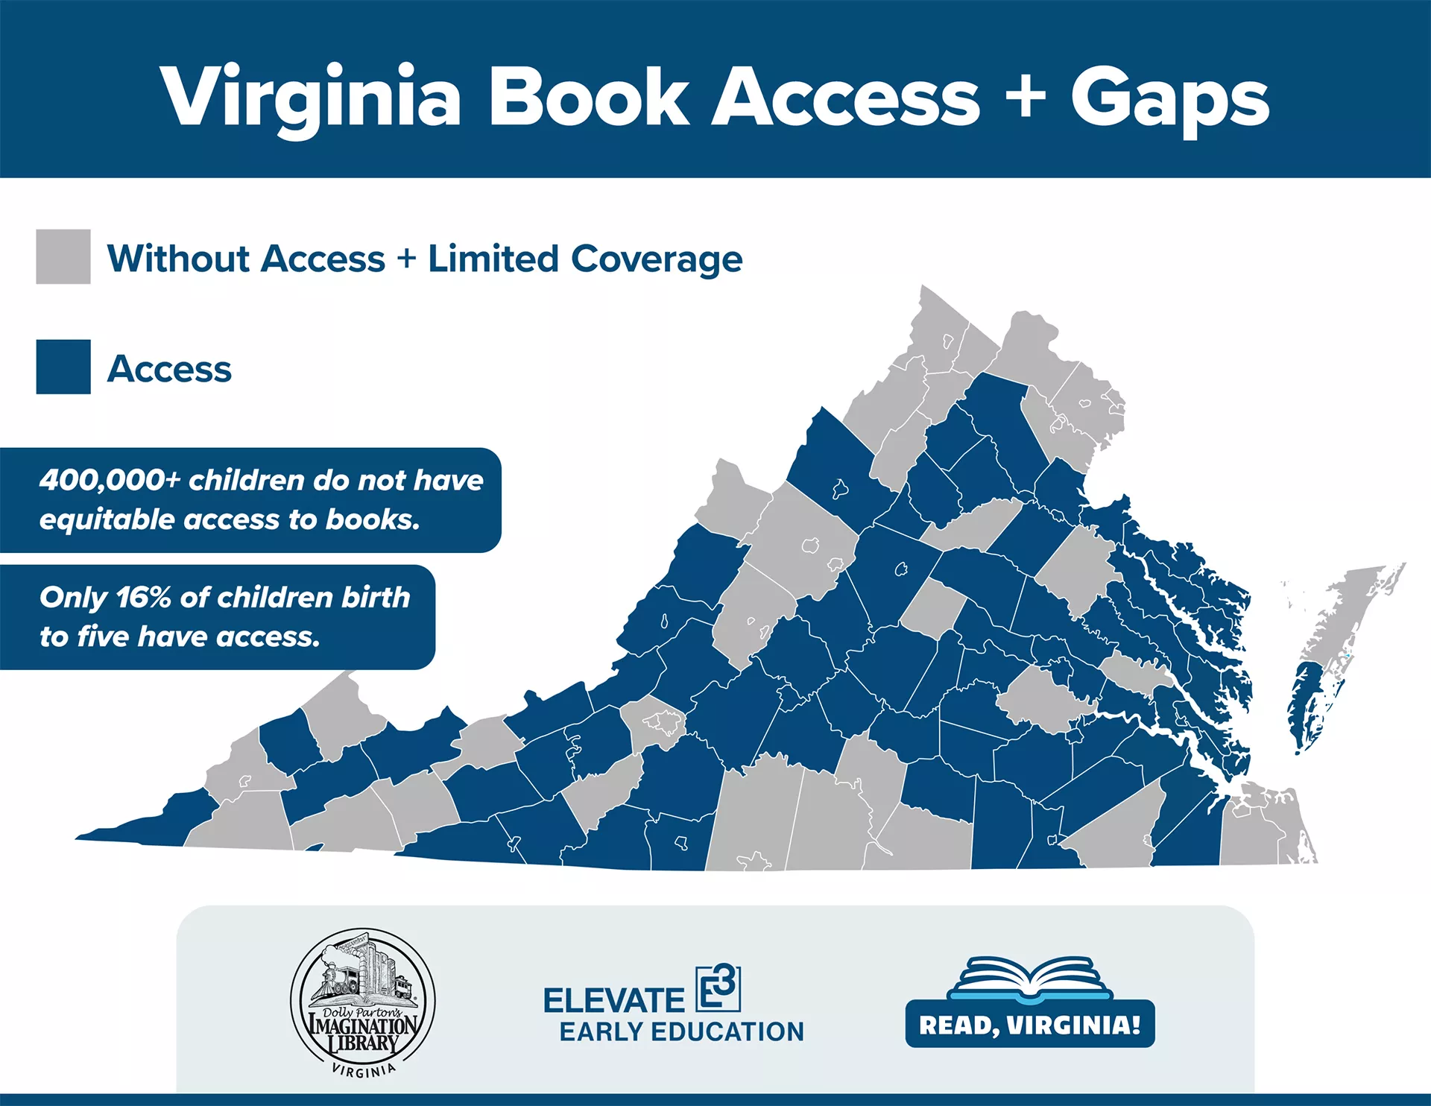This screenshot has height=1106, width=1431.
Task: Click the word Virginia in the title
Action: pos(311,97)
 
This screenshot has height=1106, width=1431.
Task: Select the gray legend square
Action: pos(63,256)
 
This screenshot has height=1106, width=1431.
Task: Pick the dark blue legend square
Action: pos(63,367)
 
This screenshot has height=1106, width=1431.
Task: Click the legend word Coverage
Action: pos(657,259)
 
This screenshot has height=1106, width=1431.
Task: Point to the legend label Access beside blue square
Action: pos(169,368)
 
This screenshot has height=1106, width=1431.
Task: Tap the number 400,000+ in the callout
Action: pos(110,480)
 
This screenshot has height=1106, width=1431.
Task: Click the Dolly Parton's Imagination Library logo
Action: pos(363,1001)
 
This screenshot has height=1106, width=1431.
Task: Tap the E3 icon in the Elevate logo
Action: pos(718,988)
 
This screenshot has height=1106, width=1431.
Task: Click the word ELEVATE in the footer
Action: pos(613,1000)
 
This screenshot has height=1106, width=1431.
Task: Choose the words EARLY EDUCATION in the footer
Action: pos(682,1031)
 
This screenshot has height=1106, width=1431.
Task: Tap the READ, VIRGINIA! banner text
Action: pos(1030,1025)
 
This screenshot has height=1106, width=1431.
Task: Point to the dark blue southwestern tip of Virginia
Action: pos(134,832)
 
